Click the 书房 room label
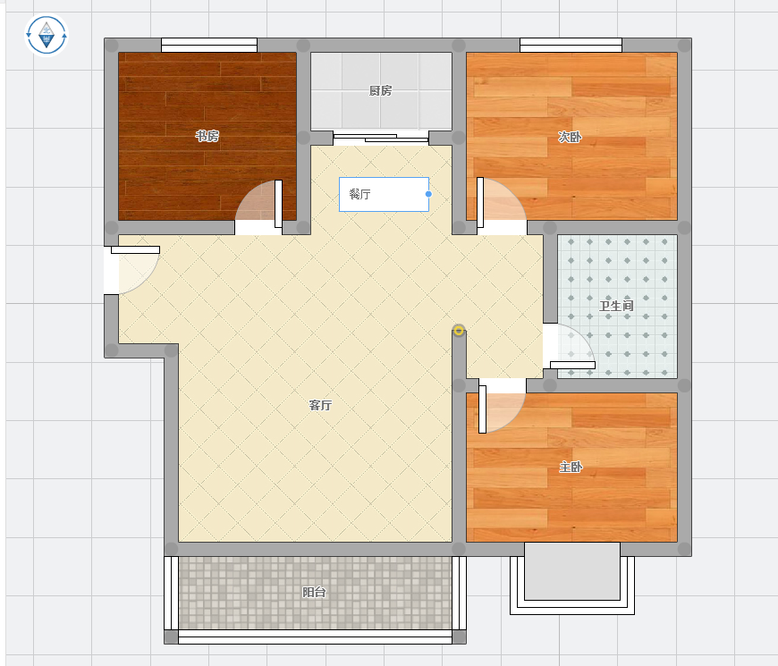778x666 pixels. (x=207, y=135)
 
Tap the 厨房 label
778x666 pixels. (x=381, y=90)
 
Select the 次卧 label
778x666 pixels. (x=570, y=137)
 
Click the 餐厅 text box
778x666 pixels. (x=384, y=194)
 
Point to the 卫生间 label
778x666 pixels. (x=616, y=306)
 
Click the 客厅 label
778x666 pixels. (x=320, y=405)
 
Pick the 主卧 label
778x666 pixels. (x=571, y=467)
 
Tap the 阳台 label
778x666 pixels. (x=314, y=592)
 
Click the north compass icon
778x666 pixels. (x=47, y=35)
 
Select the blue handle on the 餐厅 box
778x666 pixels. (x=428, y=194)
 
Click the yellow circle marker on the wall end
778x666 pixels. (x=459, y=330)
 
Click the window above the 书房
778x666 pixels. (x=209, y=45)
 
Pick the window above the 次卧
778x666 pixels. (x=571, y=45)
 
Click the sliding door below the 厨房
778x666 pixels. (x=381, y=138)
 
